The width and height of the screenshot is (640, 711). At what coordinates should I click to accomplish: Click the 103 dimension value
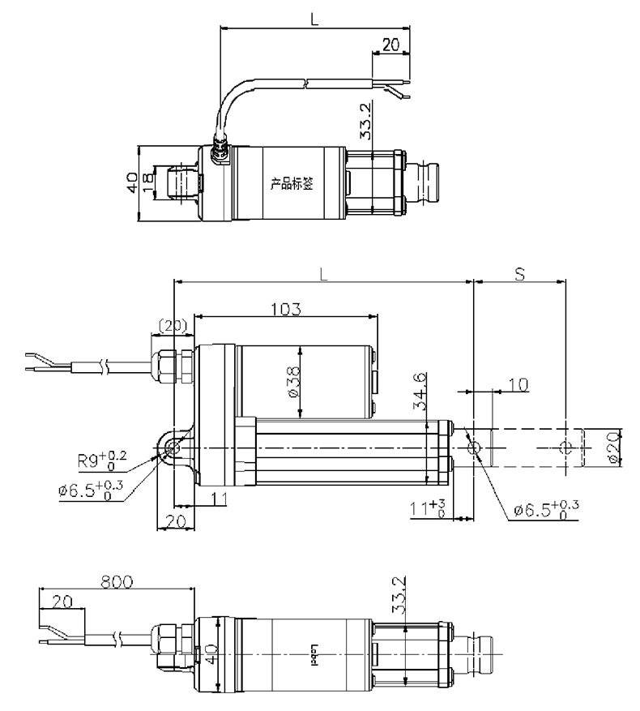point(287,309)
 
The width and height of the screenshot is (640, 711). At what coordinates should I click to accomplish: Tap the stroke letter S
point(518,274)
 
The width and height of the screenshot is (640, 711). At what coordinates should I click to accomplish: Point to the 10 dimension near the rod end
point(517,383)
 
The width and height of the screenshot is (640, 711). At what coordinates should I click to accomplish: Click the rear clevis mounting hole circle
point(173,448)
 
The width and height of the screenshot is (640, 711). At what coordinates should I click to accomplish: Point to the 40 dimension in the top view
point(133,182)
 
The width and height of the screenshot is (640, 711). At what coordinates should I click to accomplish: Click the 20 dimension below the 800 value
point(61,602)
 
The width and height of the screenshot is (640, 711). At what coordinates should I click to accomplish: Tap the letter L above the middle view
point(323,274)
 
